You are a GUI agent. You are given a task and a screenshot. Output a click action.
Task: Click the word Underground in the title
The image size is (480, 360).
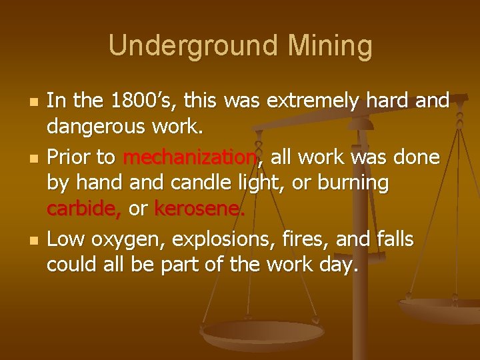point(181,46)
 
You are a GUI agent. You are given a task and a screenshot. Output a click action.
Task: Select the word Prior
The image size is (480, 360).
point(71,157)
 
